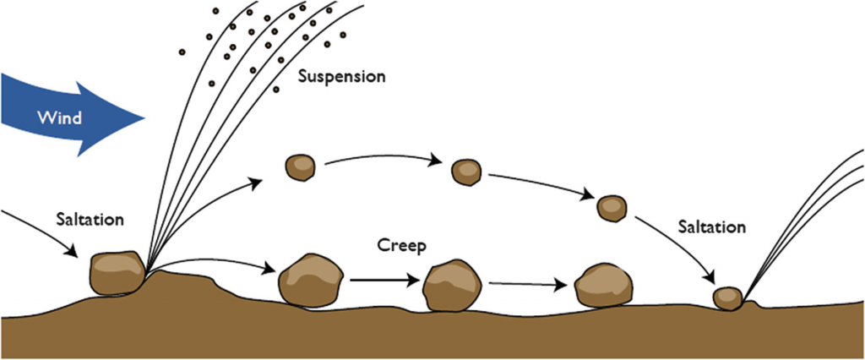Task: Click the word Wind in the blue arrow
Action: (x=58, y=117)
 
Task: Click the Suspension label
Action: (x=342, y=76)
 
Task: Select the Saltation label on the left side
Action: (x=90, y=219)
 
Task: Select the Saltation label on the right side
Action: (x=712, y=226)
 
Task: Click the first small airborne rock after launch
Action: (x=300, y=166)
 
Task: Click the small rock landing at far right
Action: (x=726, y=297)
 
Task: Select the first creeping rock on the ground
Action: (x=310, y=280)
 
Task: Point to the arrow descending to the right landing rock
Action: (x=676, y=245)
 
